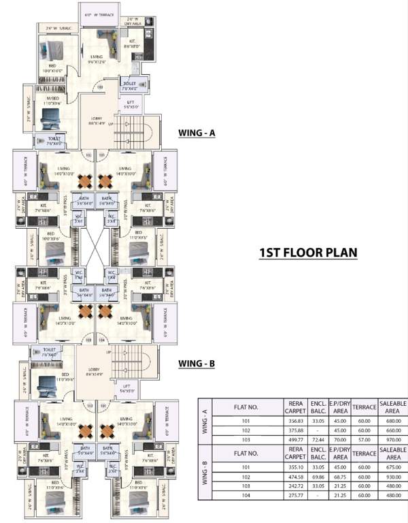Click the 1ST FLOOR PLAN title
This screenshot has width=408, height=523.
pyautogui.click(x=308, y=253)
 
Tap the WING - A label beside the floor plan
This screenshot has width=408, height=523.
pyautogui.click(x=197, y=133)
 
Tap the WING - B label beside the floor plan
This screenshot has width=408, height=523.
pyautogui.click(x=197, y=364)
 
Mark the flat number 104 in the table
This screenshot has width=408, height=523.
pyautogui.click(x=246, y=496)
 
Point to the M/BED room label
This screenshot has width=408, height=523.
pyautogui.click(x=53, y=101)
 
